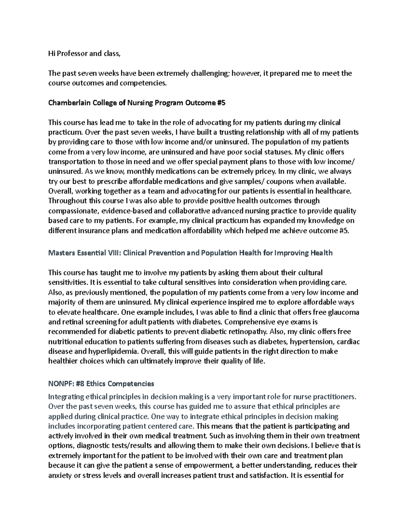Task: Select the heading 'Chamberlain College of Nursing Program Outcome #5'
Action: (x=137, y=103)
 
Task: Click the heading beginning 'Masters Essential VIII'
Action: (x=190, y=253)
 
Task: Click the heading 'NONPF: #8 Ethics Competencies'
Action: (x=101, y=384)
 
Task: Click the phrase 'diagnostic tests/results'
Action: (x=117, y=446)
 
